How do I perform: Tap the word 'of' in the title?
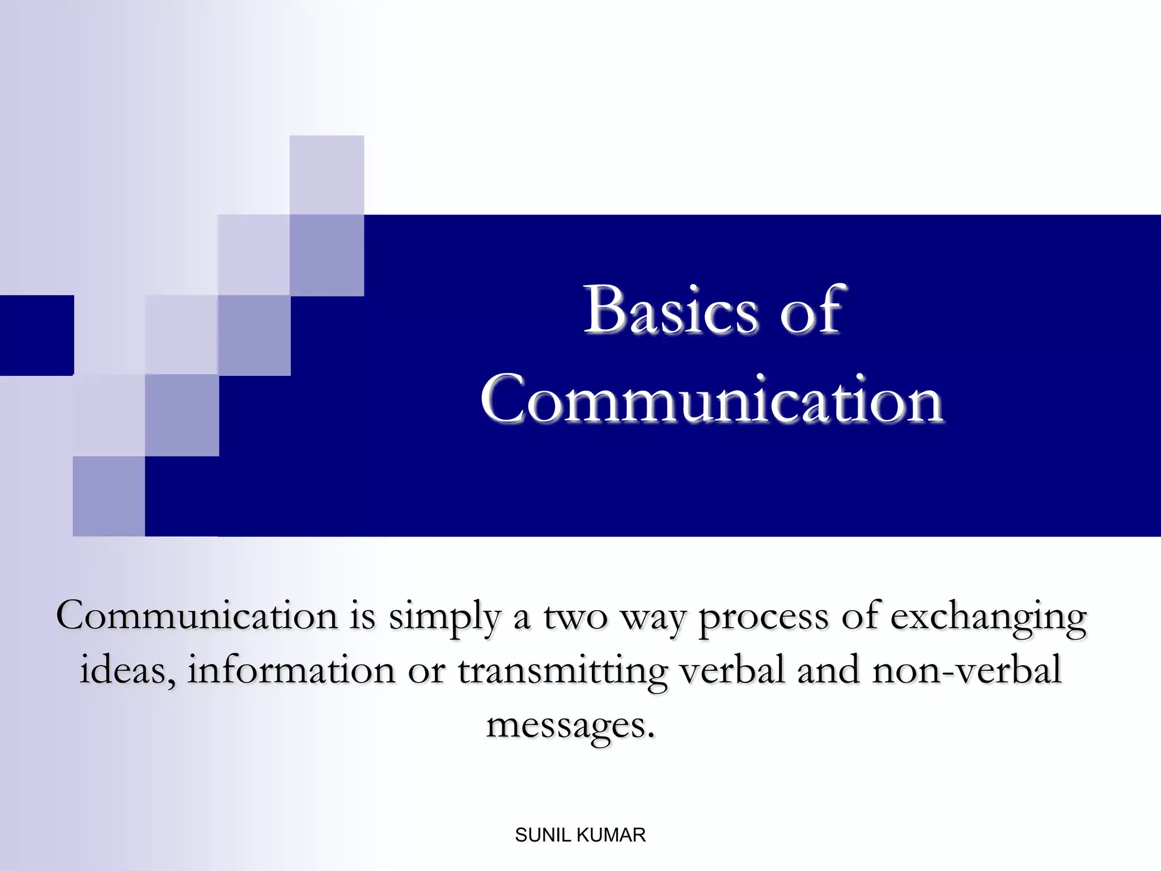coord(812,310)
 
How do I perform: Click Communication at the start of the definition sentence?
coord(197,616)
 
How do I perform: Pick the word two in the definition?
coord(575,617)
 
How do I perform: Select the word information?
coord(291,671)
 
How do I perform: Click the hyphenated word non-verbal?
coord(967,671)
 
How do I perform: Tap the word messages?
coord(570,726)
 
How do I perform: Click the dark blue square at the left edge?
coord(37,335)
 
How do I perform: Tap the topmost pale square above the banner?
coord(327,175)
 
